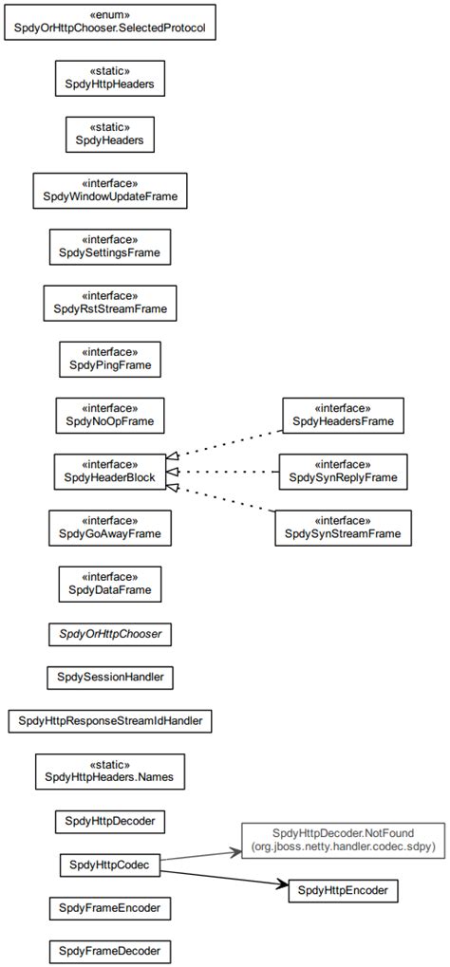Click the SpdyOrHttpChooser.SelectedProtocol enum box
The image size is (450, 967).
[110, 23]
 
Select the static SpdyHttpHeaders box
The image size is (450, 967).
[110, 79]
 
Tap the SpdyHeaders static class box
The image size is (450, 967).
[110, 135]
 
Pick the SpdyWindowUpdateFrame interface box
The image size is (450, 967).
[110, 191]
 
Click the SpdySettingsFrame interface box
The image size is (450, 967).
[110, 247]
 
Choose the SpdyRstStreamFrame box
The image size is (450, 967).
[110, 303]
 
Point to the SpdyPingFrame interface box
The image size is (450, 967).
[110, 359]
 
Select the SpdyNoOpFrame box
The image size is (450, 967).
[110, 415]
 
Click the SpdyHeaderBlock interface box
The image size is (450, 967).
[110, 472]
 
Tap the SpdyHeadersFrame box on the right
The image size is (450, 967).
[343, 415]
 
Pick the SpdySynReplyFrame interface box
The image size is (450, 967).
[343, 472]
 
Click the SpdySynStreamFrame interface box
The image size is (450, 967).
[343, 528]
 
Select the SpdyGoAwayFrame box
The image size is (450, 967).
[110, 528]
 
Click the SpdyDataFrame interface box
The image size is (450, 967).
[110, 584]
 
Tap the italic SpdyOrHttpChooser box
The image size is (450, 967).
[110, 633]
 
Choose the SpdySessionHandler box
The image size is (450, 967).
[110, 678]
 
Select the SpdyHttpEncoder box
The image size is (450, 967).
[343, 890]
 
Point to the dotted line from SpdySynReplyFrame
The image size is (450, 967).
[228, 472]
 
